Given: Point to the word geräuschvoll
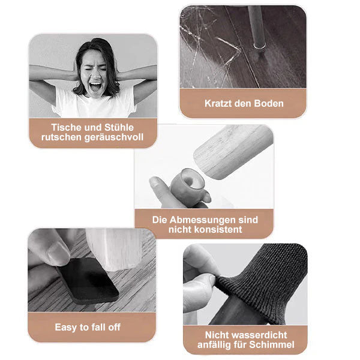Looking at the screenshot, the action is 113,137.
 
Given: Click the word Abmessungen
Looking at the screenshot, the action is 203,220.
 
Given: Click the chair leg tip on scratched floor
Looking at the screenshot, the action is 260,46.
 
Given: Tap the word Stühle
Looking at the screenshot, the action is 119,127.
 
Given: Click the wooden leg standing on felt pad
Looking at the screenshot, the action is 115,248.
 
